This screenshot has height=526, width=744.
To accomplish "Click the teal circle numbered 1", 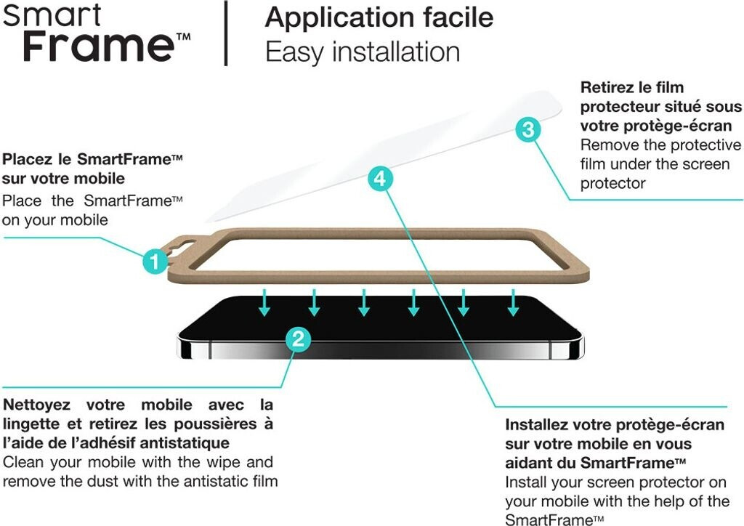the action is (155, 261).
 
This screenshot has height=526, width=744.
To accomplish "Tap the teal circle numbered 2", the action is (298, 339).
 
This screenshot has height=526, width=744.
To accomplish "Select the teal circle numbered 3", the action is (528, 129).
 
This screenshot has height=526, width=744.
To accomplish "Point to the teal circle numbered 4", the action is (380, 179).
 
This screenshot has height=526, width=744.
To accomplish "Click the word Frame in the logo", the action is (98, 45).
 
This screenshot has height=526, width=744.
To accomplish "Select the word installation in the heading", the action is (396, 52).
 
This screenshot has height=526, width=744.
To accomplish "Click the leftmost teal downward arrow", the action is (264, 302).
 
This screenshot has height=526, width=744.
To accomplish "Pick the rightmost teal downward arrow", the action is (513, 302).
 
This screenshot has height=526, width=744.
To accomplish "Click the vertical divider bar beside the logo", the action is (227, 33).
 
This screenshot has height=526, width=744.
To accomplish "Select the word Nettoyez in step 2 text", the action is (36, 405).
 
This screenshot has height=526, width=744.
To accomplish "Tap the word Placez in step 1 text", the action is (26, 159).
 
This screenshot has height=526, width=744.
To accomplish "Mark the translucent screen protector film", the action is (384, 156).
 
